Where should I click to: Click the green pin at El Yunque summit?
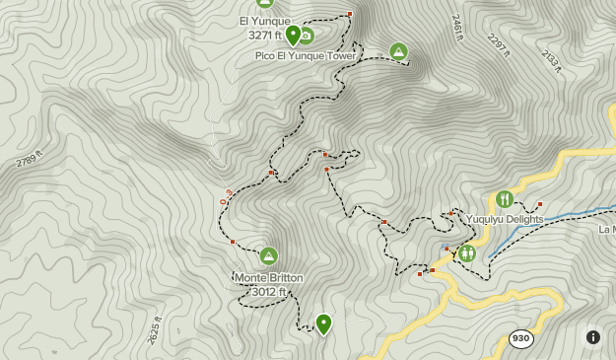click(x=293, y=35)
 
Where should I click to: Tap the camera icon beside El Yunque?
click(x=307, y=36)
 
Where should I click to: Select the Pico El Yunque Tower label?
click(x=306, y=56)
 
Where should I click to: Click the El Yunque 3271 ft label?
click(x=265, y=28)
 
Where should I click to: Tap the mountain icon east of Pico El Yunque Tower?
click(x=398, y=51)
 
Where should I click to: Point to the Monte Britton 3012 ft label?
click(x=268, y=284)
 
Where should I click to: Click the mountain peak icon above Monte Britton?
click(x=268, y=256)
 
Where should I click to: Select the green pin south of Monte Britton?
click(x=323, y=324)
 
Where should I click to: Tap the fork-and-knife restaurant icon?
click(x=505, y=198)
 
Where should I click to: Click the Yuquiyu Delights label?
click(x=506, y=219)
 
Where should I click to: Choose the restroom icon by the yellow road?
click(x=467, y=253)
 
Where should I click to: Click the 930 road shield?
click(x=521, y=338)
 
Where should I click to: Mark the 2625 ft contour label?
click(x=154, y=329)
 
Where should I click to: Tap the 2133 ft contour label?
click(x=551, y=61)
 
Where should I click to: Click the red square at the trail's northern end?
click(x=350, y=13)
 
